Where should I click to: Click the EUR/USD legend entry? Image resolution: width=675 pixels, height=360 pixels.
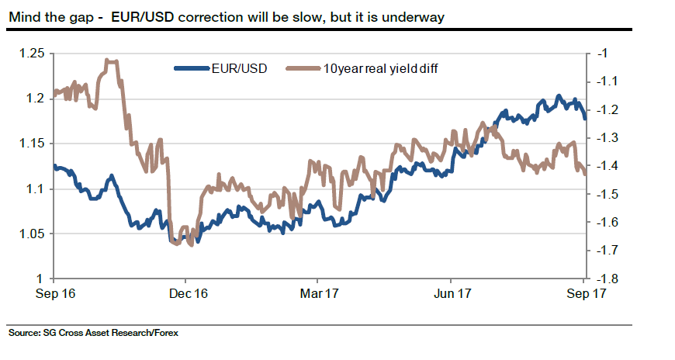239,69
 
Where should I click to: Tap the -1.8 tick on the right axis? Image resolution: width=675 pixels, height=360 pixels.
606,279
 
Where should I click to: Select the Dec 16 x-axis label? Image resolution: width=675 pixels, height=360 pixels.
188,294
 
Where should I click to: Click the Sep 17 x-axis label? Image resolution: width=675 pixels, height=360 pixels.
583,294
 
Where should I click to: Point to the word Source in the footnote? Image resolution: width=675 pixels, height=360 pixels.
24,334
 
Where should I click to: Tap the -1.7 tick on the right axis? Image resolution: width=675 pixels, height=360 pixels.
606,251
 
